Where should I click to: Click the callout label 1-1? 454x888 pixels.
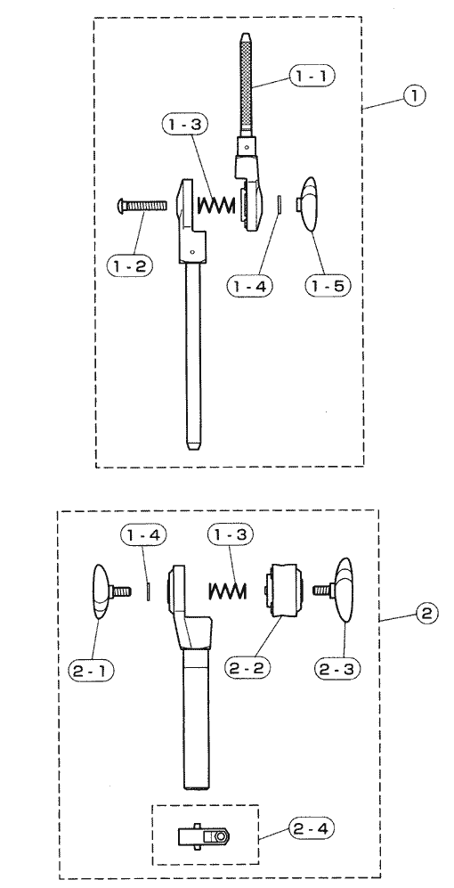click(x=312, y=76)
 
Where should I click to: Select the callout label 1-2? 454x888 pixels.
click(x=130, y=265)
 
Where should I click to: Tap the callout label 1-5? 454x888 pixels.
click(x=328, y=285)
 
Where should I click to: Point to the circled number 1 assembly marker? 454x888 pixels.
click(x=414, y=95)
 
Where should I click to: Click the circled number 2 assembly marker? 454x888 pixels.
click(x=426, y=614)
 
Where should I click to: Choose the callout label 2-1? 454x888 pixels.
click(x=91, y=670)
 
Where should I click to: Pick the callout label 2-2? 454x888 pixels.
click(x=247, y=667)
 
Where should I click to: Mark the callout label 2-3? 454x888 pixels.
click(x=337, y=668)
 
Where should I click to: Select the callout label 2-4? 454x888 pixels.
click(x=312, y=829)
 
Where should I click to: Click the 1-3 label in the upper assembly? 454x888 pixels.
click(x=184, y=125)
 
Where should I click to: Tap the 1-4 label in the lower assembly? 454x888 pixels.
click(x=144, y=534)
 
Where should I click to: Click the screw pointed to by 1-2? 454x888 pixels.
click(x=142, y=205)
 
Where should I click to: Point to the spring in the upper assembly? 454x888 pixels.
click(x=215, y=205)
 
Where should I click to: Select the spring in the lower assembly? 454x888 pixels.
click(x=228, y=591)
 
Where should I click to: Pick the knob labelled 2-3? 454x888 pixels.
click(x=336, y=590)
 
